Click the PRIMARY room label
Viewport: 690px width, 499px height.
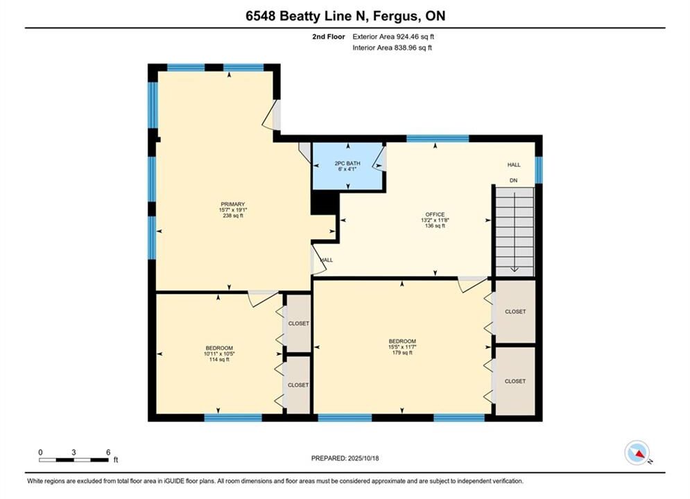233,204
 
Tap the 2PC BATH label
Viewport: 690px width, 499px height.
347,164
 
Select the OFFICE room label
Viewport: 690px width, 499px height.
435,215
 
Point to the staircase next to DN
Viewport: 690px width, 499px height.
515,231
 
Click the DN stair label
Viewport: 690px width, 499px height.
514,180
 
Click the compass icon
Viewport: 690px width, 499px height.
637,453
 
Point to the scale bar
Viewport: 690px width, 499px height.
74,460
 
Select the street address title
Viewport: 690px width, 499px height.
345,16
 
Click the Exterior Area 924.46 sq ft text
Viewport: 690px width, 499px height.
393,37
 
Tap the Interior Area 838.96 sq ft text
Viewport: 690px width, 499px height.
392,48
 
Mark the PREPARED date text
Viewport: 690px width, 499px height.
345,458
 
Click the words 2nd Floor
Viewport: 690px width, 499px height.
329,37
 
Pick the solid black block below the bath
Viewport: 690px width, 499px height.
325,202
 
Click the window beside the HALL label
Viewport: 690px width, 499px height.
539,170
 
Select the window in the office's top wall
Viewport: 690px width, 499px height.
438,139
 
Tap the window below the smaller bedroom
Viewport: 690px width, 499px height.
233,418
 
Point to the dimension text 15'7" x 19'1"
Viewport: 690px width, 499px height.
233,210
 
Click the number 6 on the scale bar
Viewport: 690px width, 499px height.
108,452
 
